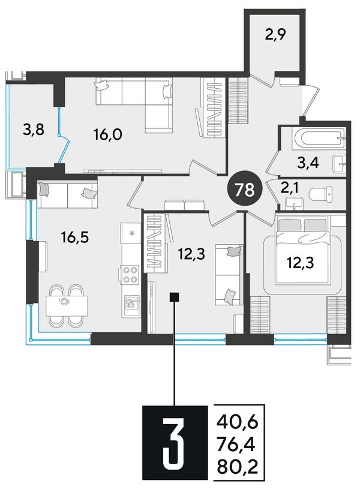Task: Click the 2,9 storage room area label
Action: [x=275, y=35]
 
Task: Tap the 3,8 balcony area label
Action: [x=34, y=129]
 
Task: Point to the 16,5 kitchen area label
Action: [x=75, y=238]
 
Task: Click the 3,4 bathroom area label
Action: [x=309, y=163]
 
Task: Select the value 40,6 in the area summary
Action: [x=237, y=422]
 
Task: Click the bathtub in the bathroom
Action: [x=319, y=139]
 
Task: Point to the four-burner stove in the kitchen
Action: [x=129, y=275]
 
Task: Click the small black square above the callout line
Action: [x=174, y=296]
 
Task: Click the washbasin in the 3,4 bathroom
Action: [x=339, y=164]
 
